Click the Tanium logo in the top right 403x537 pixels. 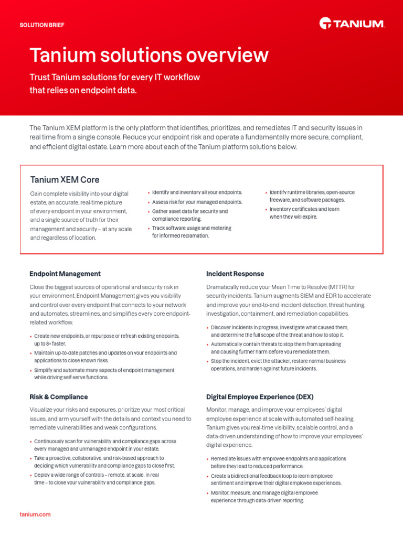tap(352, 23)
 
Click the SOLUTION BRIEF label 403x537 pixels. tap(42, 25)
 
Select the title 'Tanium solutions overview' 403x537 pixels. tap(149, 55)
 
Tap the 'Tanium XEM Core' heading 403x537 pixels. tap(65, 180)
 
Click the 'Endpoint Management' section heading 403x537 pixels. tap(65, 274)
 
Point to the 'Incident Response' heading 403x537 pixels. tap(235, 274)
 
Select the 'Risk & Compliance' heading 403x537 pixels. tap(59, 397)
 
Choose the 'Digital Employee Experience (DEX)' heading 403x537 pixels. tap(260, 397)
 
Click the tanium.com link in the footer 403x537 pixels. tap(35, 514)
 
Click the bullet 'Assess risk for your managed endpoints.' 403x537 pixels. tap(197, 202)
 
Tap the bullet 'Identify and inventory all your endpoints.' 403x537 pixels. tap(197, 192)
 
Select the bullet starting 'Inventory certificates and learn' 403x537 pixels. tap(304, 213)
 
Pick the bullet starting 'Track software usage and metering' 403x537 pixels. tap(192, 232)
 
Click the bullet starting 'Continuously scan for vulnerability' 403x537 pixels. tap(105, 445)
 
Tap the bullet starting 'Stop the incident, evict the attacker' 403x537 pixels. tap(278, 365)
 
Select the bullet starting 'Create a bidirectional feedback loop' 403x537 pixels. tap(275, 479)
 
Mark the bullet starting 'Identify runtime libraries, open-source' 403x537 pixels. tap(312, 196)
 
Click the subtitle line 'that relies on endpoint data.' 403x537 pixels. tap(83, 90)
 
